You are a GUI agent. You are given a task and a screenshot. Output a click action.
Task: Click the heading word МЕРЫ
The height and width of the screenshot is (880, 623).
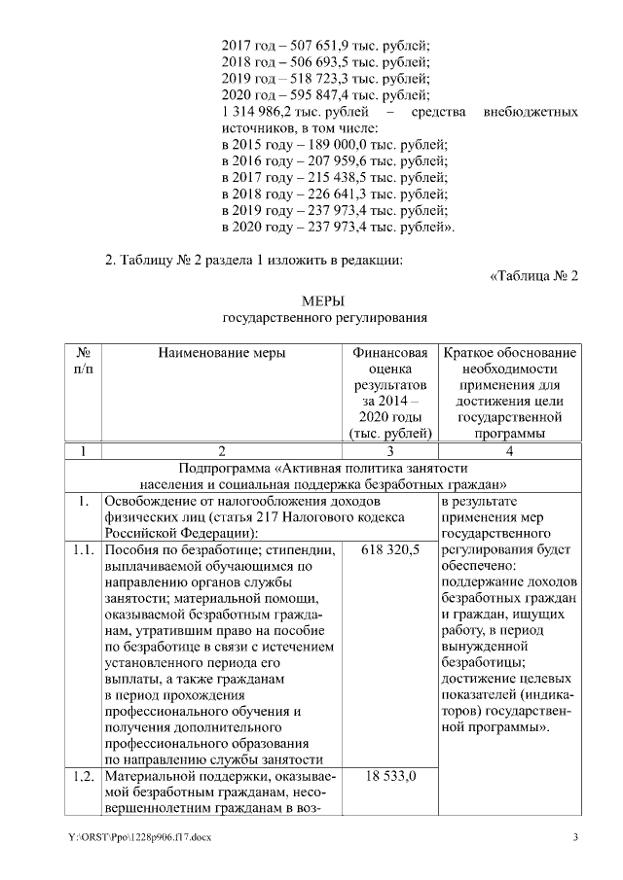point(324,301)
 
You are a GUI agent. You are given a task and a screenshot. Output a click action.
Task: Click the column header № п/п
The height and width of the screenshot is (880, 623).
point(84,362)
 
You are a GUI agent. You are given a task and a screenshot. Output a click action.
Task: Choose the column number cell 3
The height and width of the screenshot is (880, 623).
point(389,451)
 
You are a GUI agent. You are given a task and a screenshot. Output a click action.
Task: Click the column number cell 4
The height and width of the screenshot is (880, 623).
point(509,451)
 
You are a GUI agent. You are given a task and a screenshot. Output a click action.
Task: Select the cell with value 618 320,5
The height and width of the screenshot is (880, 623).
point(389,550)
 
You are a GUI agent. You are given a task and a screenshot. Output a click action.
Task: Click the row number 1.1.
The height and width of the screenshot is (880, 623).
point(84,550)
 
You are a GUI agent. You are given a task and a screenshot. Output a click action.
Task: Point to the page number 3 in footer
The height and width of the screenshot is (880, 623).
point(575,837)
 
